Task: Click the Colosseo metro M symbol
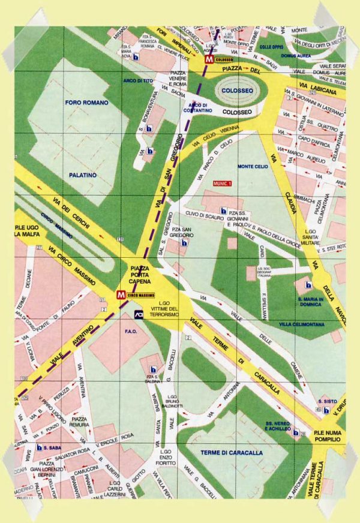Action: (208, 61)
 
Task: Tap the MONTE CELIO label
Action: (253, 166)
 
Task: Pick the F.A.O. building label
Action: (115, 330)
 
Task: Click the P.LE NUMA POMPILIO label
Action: (325, 436)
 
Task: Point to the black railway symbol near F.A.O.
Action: (138, 314)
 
